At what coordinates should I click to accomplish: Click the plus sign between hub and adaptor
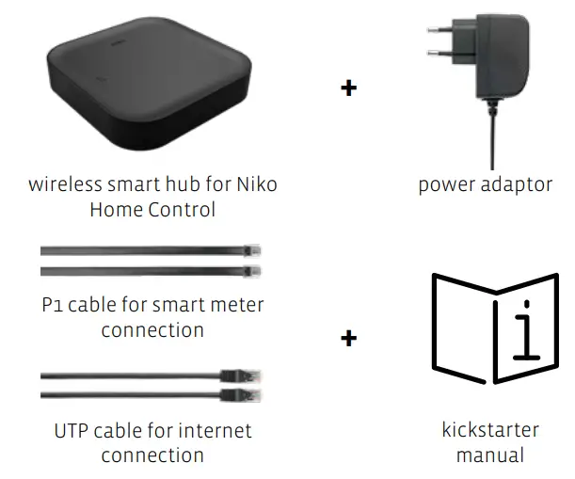pos(348,89)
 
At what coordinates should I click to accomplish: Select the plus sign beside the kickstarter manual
pos(348,338)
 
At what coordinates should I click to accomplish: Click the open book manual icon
pos(494,328)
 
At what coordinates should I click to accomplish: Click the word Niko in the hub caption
pos(256,184)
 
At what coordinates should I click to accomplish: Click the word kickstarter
pos(490,430)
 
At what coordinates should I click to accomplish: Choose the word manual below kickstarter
pos(490,455)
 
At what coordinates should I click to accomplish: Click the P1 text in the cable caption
pos(54,306)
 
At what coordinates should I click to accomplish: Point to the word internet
pos(216,431)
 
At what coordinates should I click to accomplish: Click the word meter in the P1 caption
pos(239,306)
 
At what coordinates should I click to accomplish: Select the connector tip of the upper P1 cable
pos(252,252)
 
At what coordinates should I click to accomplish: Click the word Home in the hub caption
pos(114,209)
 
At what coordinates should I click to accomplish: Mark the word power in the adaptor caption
pos(445,184)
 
